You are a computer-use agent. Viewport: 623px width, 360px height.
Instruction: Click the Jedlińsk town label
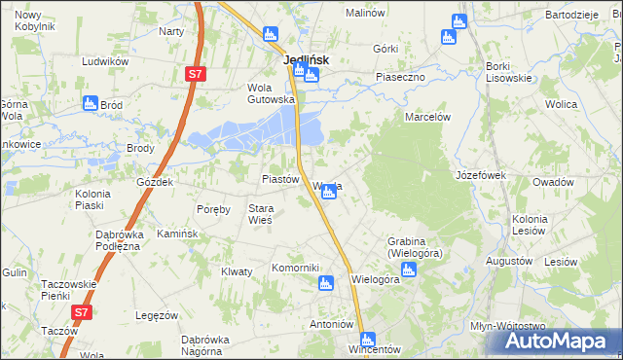[x=306, y=59]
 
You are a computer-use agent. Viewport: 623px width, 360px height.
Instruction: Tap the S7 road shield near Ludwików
[x=196, y=74]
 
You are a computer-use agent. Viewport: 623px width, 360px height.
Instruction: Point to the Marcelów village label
[x=426, y=117]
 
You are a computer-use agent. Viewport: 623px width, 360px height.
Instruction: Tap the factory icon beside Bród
[x=91, y=103]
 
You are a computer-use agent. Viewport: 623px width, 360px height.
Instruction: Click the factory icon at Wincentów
[x=367, y=340]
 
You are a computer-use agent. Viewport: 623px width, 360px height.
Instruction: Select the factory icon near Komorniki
[x=327, y=283]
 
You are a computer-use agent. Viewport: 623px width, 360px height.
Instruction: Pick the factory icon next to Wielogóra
[x=409, y=270]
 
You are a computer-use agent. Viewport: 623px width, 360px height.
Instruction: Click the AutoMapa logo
[x=559, y=342]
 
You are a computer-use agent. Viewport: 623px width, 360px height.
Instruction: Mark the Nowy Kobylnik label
[x=34, y=21]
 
